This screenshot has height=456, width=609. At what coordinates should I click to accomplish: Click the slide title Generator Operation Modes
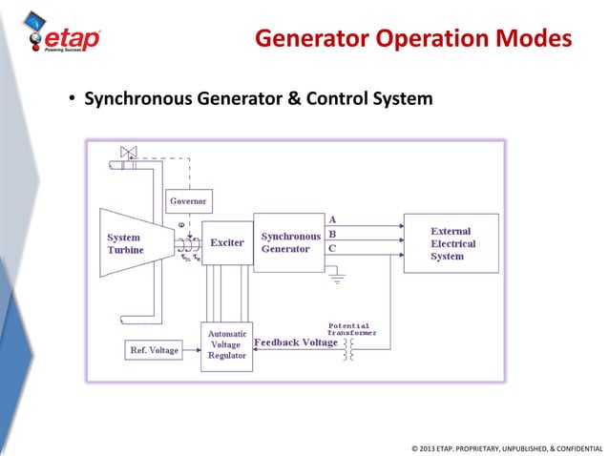click(x=413, y=39)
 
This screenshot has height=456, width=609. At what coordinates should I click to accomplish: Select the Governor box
click(x=188, y=201)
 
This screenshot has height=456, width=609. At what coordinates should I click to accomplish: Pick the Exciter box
click(x=226, y=243)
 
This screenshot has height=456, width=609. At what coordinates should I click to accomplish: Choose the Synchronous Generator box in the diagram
click(x=289, y=242)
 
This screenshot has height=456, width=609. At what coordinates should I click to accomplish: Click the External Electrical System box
click(x=450, y=243)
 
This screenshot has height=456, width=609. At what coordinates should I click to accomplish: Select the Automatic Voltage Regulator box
click(x=226, y=344)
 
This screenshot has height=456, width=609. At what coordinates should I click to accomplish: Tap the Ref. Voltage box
click(x=154, y=350)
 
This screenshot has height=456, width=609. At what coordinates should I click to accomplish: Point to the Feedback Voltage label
click(x=295, y=342)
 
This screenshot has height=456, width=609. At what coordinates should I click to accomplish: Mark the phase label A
click(x=331, y=218)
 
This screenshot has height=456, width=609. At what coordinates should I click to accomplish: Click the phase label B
click(x=331, y=233)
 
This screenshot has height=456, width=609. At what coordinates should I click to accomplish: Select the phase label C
click(x=331, y=248)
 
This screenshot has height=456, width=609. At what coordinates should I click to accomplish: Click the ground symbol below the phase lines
click(x=335, y=281)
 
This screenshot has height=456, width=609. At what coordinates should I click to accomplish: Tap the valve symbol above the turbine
click(x=128, y=153)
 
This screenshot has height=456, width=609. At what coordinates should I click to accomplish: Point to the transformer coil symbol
click(x=348, y=348)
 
